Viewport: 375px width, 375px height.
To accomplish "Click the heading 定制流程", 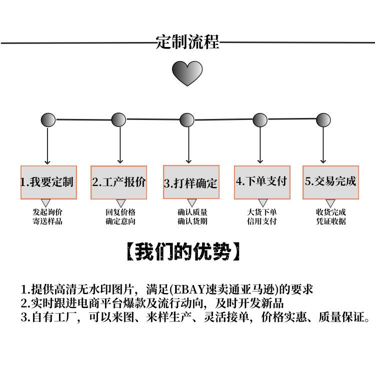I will (x=187, y=42).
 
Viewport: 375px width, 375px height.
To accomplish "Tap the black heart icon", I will (x=187, y=73).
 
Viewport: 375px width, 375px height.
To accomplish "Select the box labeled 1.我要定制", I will (x=48, y=182).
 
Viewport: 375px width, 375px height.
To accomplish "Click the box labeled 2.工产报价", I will (x=119, y=182).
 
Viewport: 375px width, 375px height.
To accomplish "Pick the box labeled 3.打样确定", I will (x=191, y=182).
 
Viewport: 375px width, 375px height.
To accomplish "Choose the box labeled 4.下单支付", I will (x=262, y=181).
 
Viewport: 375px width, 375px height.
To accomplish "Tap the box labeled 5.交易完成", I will (x=331, y=181).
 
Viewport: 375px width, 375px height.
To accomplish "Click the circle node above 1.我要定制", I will (x=48, y=120).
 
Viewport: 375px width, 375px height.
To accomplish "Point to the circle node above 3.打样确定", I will (x=187, y=120).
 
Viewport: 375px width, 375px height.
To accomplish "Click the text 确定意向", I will (x=120, y=221).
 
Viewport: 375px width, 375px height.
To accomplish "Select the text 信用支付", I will (x=262, y=221).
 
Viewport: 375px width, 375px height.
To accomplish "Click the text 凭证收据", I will (x=331, y=221).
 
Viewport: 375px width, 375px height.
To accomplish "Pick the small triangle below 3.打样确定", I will (x=191, y=203).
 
